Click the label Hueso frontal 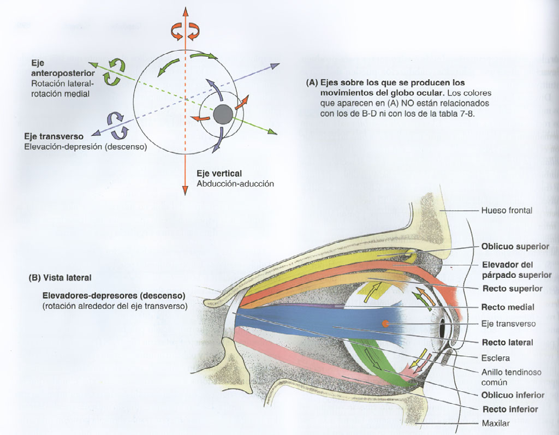[506, 210]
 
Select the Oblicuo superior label [515, 247]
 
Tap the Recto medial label [508, 307]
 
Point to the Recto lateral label [507, 343]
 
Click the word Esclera [495, 358]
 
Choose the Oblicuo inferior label [513, 395]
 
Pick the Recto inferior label [509, 409]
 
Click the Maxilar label [495, 423]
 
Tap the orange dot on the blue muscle [385, 324]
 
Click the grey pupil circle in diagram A [222, 114]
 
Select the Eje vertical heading [219, 174]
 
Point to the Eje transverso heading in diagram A [53, 136]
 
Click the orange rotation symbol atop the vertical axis [181, 31]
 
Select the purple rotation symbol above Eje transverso [117, 124]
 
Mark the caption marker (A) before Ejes [312, 83]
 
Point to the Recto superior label [512, 288]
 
